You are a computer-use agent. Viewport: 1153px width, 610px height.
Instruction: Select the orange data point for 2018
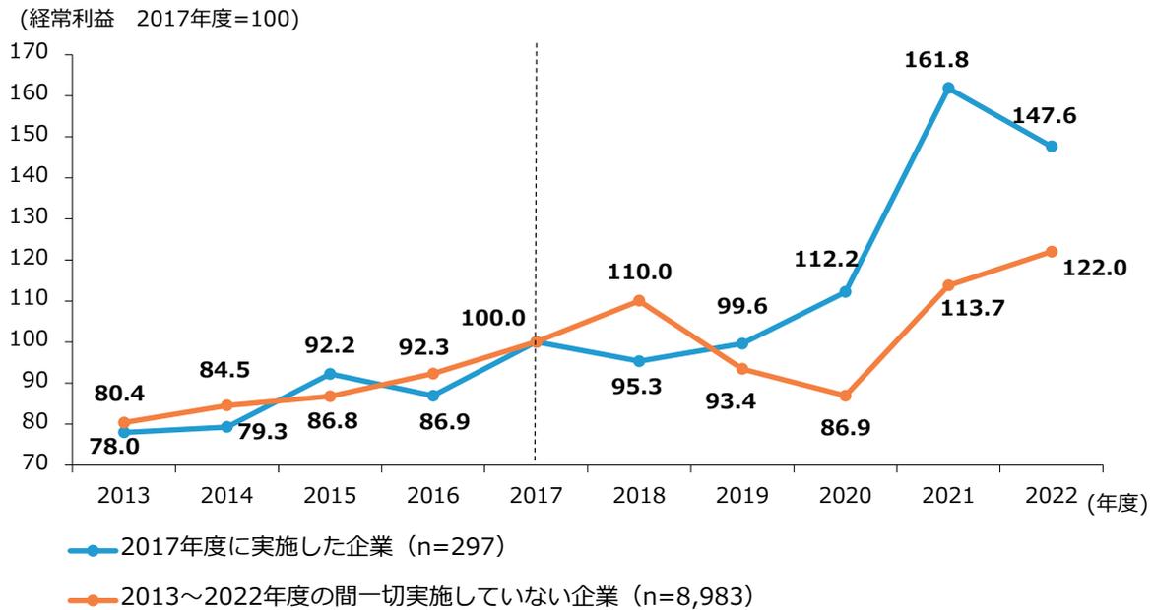[x=639, y=300]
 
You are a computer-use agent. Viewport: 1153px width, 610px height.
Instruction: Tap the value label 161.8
[x=936, y=60]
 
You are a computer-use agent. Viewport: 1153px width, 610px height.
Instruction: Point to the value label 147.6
[x=1043, y=115]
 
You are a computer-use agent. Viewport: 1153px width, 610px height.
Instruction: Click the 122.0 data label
[x=1094, y=268]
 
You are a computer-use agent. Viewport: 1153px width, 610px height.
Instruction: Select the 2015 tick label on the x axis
[x=330, y=496]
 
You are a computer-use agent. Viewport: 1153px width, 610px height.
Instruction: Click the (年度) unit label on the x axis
[x=1121, y=503]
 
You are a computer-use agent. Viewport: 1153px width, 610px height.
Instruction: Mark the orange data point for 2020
[x=845, y=396]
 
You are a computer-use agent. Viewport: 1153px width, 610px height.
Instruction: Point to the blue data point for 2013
[x=124, y=432]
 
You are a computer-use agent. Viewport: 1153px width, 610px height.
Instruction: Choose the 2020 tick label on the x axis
[x=845, y=496]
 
